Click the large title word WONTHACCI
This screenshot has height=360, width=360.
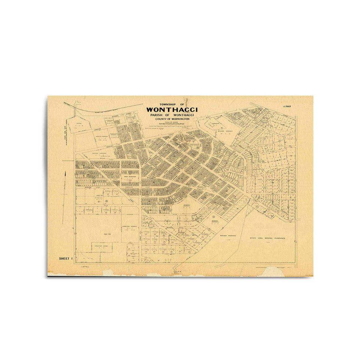click(x=172, y=109)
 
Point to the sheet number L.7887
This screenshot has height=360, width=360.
click(x=287, y=107)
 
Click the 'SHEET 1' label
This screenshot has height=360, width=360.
click(x=66, y=259)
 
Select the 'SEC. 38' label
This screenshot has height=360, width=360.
click(x=97, y=233)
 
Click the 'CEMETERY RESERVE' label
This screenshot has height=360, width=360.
click(x=129, y=226)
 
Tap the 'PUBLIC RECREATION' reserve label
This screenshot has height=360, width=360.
click(x=130, y=177)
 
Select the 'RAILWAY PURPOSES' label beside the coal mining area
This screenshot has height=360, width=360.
click(x=228, y=236)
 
